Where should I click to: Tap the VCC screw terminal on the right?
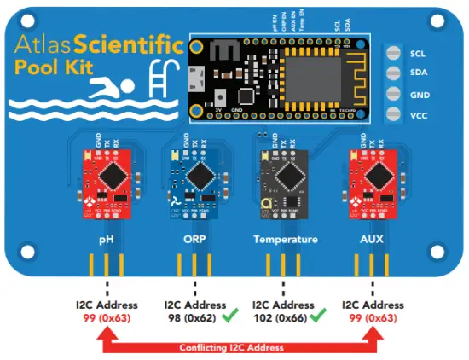click(393, 114)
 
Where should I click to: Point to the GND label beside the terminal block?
click(418, 94)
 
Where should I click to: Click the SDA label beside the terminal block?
click(418, 73)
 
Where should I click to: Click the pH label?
click(106, 240)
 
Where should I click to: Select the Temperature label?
click(285, 240)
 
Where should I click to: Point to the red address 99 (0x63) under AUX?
click(373, 317)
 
